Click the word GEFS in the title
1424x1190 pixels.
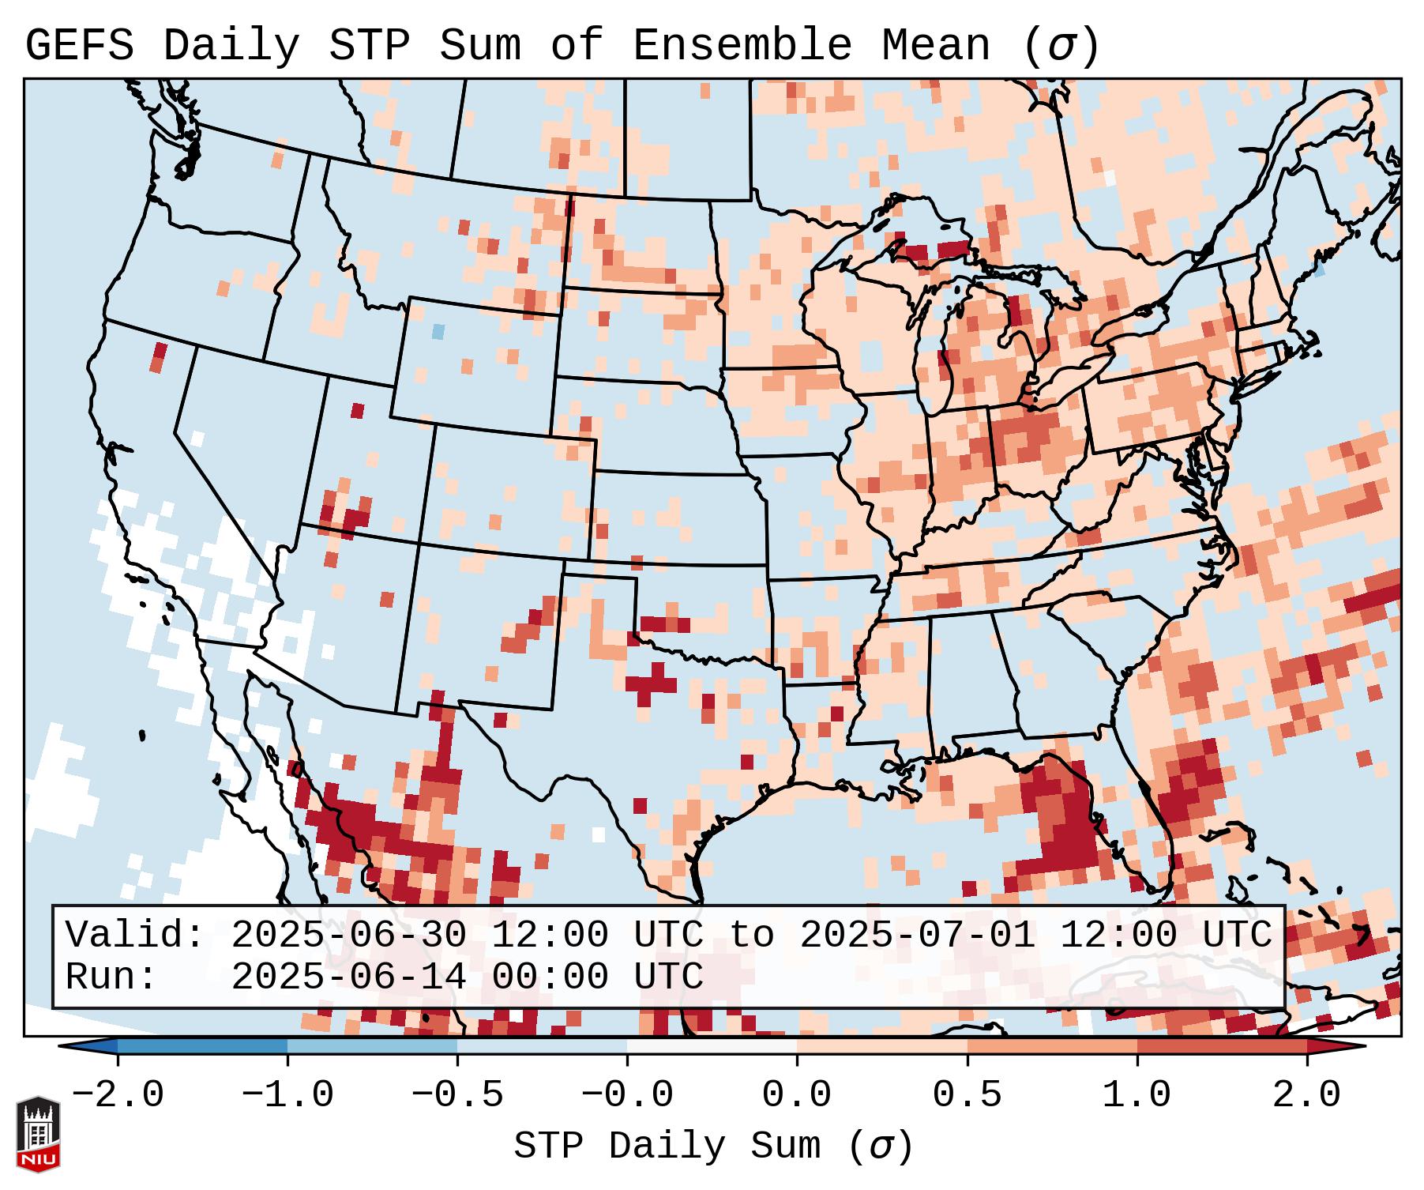(x=79, y=46)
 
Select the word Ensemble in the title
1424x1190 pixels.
(x=742, y=46)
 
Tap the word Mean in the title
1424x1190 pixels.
(x=936, y=46)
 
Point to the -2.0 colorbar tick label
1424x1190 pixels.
(x=118, y=1095)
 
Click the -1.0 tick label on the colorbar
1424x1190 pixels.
(x=287, y=1095)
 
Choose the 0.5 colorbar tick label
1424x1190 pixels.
(x=967, y=1095)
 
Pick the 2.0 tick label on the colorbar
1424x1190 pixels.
(x=1307, y=1095)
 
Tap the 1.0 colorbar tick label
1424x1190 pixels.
(x=1137, y=1095)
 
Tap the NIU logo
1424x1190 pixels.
(x=38, y=1134)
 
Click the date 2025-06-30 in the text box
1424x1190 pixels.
(x=349, y=936)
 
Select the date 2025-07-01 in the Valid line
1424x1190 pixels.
(x=918, y=936)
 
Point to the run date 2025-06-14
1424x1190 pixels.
(x=349, y=977)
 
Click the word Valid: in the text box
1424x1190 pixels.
(x=135, y=936)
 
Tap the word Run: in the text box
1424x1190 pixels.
(x=111, y=977)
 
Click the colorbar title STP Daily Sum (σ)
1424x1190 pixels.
(x=713, y=1146)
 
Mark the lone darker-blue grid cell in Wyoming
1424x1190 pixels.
(x=438, y=332)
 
